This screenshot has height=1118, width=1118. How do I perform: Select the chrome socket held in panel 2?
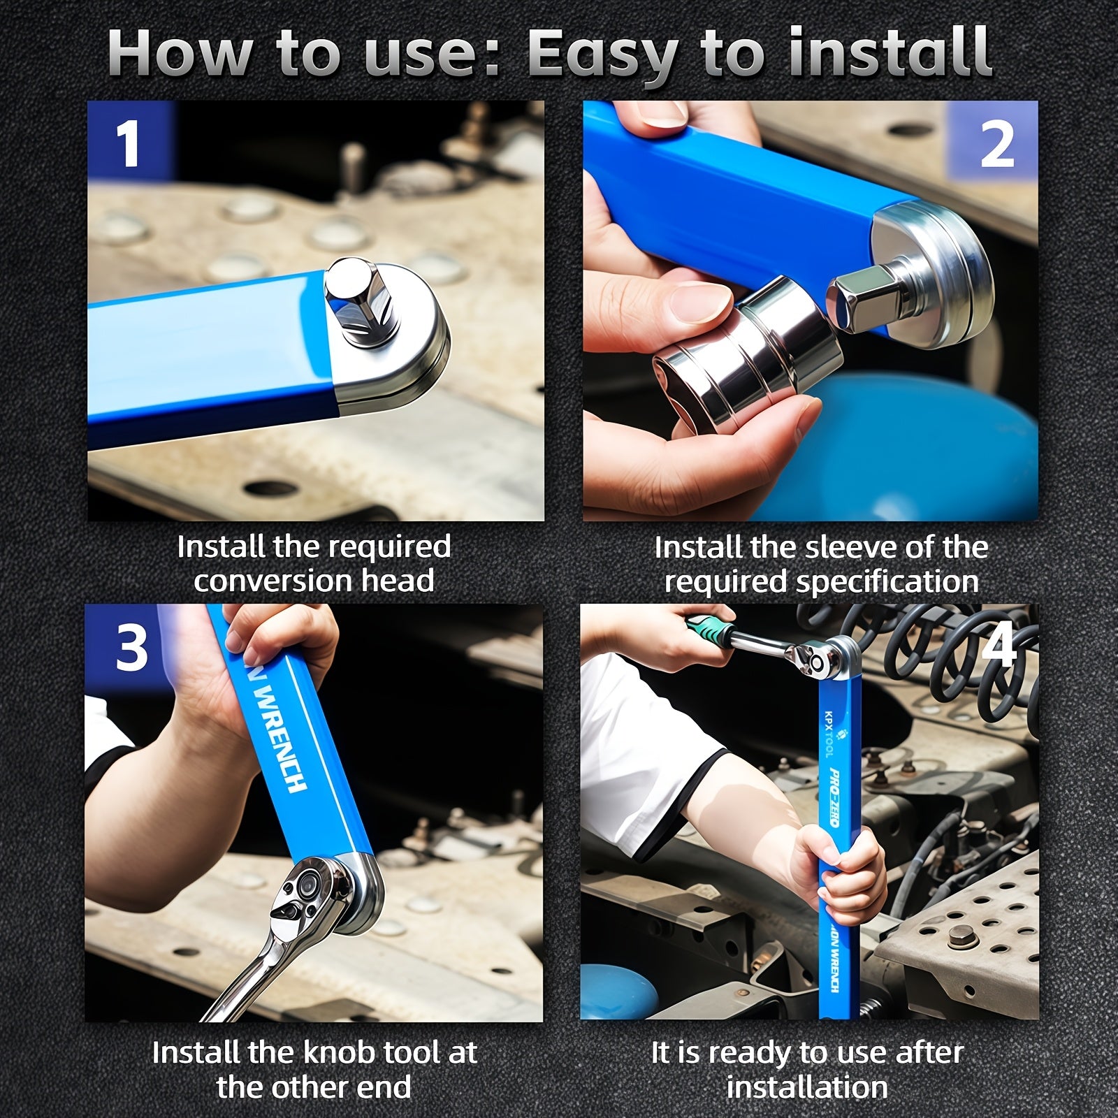point(748,342)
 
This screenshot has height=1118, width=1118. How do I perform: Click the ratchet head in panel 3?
point(307,894)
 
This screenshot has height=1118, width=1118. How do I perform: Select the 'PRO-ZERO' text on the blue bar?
point(835,797)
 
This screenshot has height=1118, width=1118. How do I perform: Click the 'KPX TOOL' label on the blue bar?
point(829,734)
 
